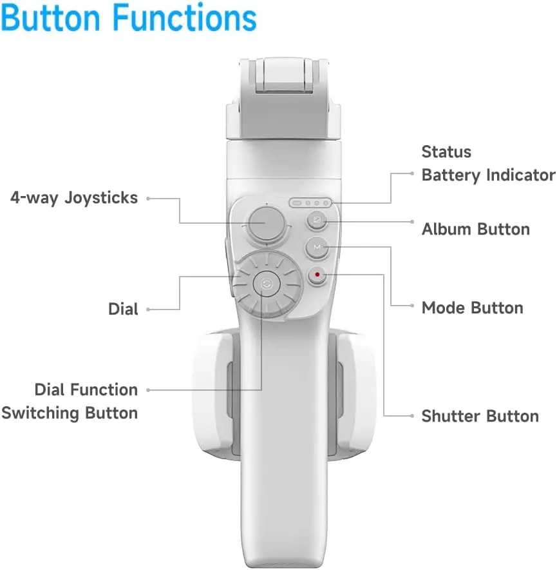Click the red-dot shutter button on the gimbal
tap(317, 275)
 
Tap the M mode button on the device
tap(317, 248)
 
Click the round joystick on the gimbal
tap(267, 223)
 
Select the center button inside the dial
tap(267, 284)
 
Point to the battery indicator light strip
tap(310, 203)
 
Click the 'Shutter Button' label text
tap(480, 417)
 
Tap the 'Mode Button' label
tap(473, 308)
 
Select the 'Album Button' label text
tap(476, 230)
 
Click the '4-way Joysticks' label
tap(74, 198)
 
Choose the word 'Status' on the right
tap(446, 152)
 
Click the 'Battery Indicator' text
tap(488, 175)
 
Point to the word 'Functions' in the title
tap(185, 17)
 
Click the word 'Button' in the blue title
tap(50, 17)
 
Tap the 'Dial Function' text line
tap(86, 389)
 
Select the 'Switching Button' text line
tap(70, 413)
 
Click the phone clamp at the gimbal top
tap(283, 98)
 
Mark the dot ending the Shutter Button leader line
tap(411, 416)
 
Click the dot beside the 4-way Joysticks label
tap(148, 199)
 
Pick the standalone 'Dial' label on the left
tap(123, 310)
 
